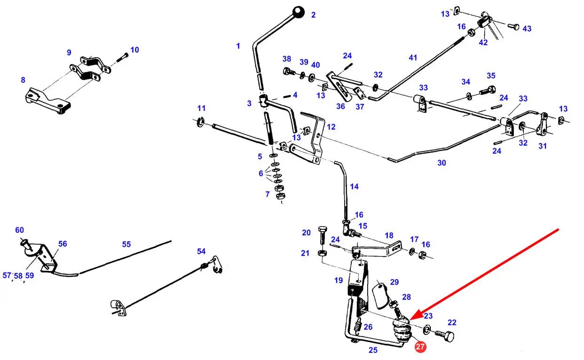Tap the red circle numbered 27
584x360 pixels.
click(x=420, y=347)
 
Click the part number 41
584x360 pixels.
click(x=413, y=58)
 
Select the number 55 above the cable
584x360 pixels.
click(x=126, y=244)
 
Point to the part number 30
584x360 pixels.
click(x=442, y=163)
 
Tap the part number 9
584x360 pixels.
click(x=69, y=53)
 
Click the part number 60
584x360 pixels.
click(x=19, y=230)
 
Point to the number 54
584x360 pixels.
click(x=201, y=251)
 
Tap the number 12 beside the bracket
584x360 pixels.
click(x=331, y=127)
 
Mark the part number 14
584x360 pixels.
click(x=354, y=187)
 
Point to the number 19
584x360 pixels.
click(x=339, y=281)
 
